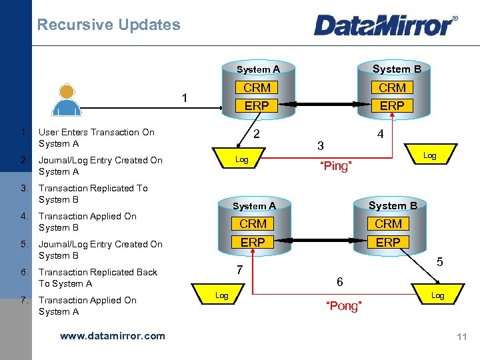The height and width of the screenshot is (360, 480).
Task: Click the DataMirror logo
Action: pos(385,25)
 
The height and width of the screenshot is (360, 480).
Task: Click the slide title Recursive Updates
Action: pos(109,25)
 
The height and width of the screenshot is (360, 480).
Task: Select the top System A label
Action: pos(258,69)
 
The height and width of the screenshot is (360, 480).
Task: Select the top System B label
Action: pos(397,69)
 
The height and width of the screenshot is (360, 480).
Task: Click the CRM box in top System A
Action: pos(257,88)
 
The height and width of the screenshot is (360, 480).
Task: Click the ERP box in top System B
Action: pos(392,105)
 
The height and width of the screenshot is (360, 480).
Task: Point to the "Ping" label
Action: pos(335,166)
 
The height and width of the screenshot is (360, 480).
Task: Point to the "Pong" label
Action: pos(343,306)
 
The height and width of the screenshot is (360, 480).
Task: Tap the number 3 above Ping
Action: pos(321,146)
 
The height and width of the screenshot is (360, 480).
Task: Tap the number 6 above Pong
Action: pos(340,282)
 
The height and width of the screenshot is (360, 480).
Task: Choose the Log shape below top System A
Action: pos(241,159)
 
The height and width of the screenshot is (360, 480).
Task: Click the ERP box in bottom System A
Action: pos(253,242)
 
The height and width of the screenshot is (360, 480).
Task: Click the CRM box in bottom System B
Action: pos(388,224)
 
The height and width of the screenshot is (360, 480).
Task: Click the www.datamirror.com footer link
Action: pos(113,336)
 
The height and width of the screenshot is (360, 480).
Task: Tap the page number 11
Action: pos(462,337)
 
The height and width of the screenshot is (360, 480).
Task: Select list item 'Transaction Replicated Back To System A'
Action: pos(98,277)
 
